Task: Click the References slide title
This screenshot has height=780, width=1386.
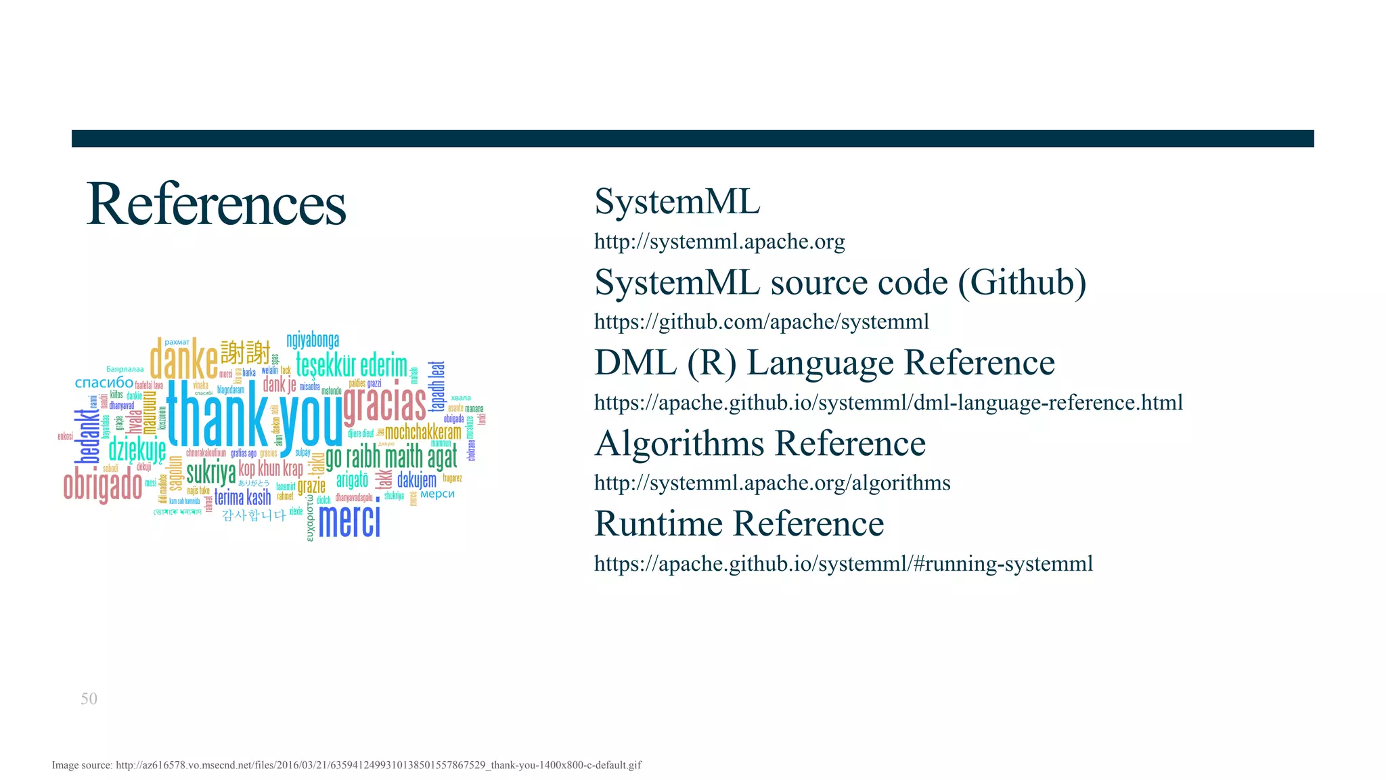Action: (216, 204)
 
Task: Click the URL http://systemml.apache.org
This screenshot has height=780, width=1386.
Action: (719, 242)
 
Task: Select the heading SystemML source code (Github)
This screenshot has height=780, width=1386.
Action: (840, 282)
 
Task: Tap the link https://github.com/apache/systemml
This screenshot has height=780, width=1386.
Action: (761, 322)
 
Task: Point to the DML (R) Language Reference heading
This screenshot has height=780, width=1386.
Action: (824, 363)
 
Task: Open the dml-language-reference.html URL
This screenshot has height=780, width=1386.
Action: (888, 403)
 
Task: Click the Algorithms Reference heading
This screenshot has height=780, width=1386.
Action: (760, 443)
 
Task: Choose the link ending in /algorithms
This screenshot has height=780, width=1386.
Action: (772, 483)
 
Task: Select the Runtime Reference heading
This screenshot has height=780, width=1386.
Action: (739, 524)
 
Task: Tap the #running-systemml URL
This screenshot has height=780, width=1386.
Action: (843, 563)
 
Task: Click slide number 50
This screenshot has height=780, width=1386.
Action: (89, 699)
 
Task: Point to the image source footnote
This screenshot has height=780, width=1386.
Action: (346, 765)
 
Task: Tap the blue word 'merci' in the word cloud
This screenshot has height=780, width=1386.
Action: (349, 521)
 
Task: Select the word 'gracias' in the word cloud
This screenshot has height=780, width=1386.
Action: (384, 404)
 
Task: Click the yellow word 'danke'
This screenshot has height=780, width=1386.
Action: (183, 360)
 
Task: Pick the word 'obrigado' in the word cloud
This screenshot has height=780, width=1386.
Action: (103, 485)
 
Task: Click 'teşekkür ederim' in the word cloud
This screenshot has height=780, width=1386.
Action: (351, 366)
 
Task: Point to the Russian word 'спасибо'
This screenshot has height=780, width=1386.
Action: (104, 383)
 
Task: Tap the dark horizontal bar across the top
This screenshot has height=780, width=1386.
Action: (692, 138)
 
